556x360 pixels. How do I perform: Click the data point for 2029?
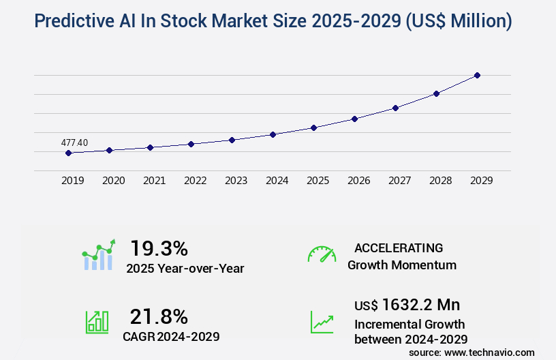click(477, 75)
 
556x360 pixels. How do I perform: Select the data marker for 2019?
click(68, 153)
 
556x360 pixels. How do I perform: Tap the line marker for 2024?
click(273, 134)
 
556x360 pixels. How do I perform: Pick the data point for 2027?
click(395, 108)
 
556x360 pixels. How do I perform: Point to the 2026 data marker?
click(354, 119)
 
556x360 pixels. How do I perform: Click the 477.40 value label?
click(74, 142)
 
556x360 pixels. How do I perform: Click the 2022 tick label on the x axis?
click(196, 181)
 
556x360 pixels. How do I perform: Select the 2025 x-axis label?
click(318, 181)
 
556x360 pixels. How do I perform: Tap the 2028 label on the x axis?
click(441, 181)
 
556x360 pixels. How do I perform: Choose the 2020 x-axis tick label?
click(114, 181)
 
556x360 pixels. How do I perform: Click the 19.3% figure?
click(159, 248)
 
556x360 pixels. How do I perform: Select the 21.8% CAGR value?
click(159, 316)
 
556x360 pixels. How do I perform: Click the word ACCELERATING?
click(399, 247)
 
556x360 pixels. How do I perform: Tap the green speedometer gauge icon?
click(322, 254)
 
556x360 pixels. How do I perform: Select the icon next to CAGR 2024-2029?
click(97, 322)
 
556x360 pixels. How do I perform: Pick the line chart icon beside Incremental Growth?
click(322, 322)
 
